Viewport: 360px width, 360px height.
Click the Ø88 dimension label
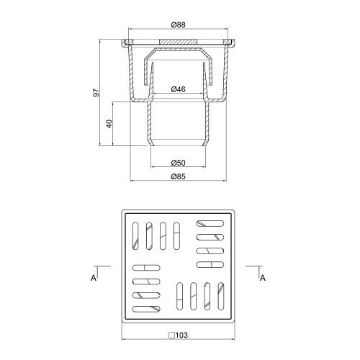[x=179, y=24]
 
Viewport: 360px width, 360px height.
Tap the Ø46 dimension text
[x=179, y=89]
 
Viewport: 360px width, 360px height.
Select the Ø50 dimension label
[x=179, y=163]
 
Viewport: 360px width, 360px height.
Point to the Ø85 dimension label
[x=179, y=176]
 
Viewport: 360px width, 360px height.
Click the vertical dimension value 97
[x=96, y=93]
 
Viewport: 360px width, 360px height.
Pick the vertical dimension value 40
[x=109, y=124]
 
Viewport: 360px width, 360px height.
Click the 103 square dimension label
[x=181, y=335]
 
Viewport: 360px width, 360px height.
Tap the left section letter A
[x=94, y=278]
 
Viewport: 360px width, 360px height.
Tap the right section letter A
[x=263, y=278]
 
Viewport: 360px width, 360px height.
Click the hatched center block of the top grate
[x=178, y=42]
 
